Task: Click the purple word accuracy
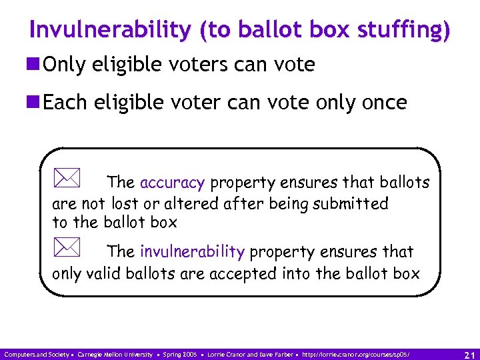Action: click(172, 183)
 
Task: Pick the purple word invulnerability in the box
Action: click(192, 252)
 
